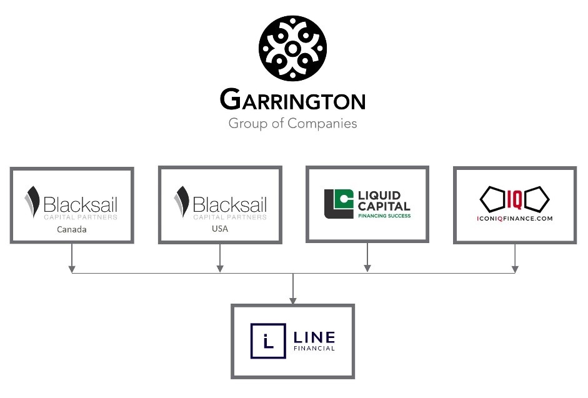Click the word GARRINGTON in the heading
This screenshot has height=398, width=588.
pyautogui.click(x=292, y=100)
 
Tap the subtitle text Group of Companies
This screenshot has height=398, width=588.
pyautogui.click(x=292, y=123)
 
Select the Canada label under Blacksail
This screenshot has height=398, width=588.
pyautogui.click(x=72, y=229)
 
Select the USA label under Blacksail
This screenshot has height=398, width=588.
pyautogui.click(x=219, y=229)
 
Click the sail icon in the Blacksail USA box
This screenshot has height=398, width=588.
pyautogui.click(x=182, y=202)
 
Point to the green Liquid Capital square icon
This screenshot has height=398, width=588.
pyautogui.click(x=338, y=204)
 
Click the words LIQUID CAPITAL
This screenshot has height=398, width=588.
pyautogui.click(x=384, y=201)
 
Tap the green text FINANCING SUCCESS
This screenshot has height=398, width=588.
pyautogui.click(x=384, y=216)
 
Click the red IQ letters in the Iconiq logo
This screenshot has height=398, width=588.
pyautogui.click(x=515, y=198)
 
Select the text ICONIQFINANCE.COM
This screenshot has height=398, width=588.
pyautogui.click(x=515, y=219)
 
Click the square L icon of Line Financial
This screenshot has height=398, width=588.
pyautogui.click(x=268, y=341)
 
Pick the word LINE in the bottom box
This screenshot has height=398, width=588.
pyautogui.click(x=314, y=337)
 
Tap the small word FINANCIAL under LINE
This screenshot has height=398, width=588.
pyautogui.click(x=314, y=349)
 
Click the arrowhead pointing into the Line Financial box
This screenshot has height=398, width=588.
pyautogui.click(x=293, y=301)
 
